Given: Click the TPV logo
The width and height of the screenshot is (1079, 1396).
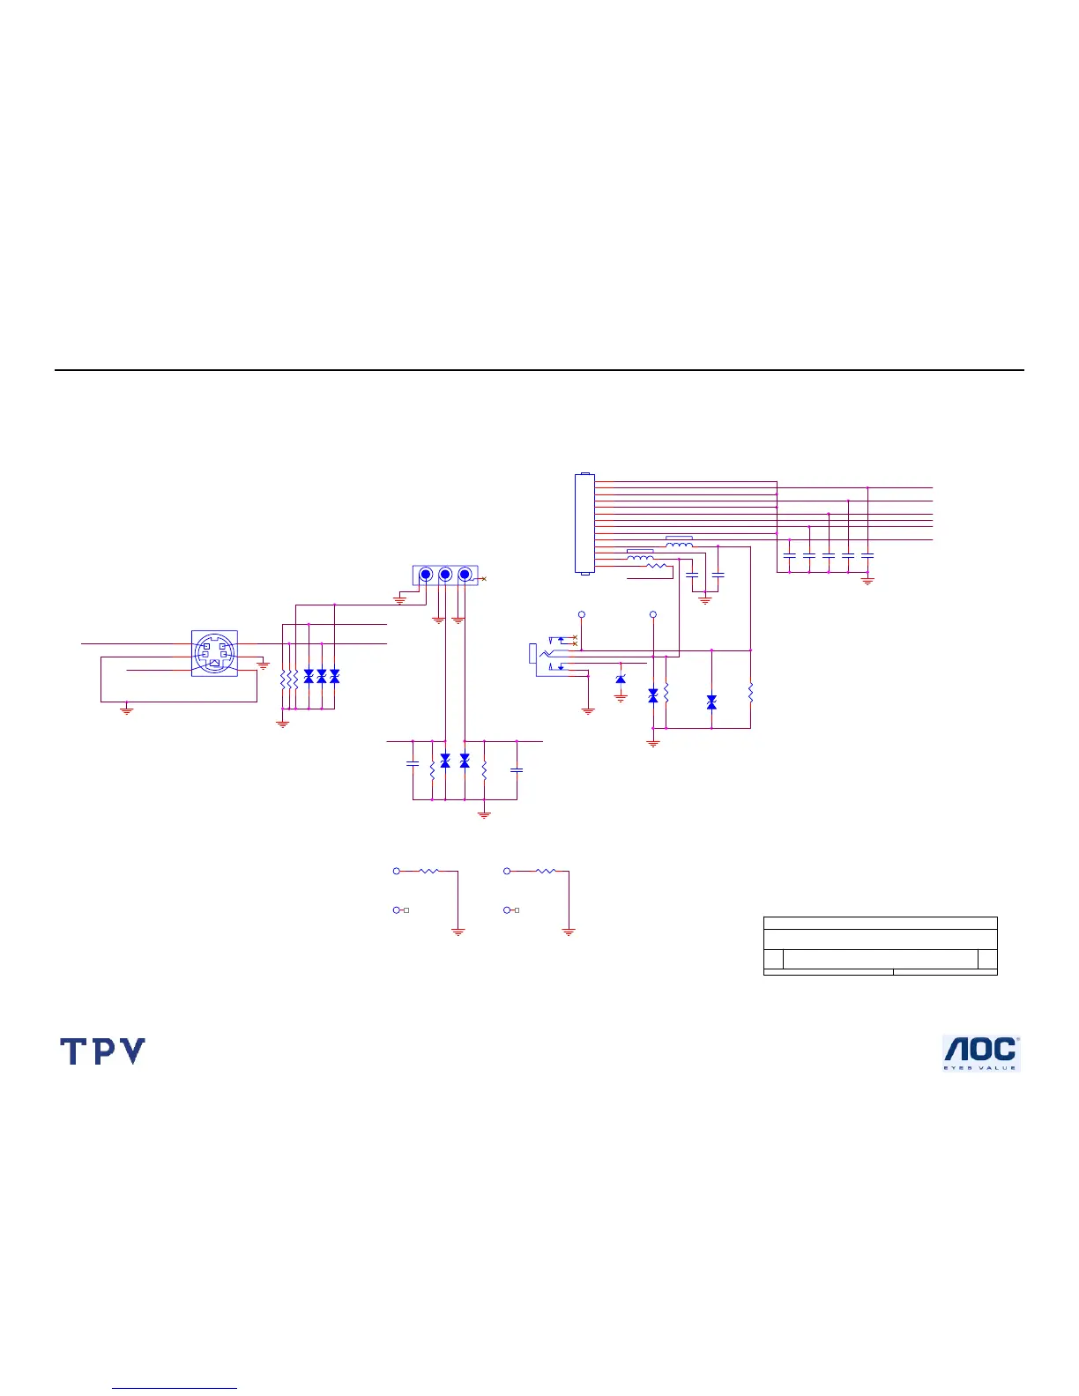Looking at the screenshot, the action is point(102,1051).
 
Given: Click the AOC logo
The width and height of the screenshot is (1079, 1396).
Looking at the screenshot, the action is point(981,1052).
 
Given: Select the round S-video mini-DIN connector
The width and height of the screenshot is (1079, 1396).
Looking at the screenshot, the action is point(214,653).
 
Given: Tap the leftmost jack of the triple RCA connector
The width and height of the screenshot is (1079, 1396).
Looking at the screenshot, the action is point(426,575).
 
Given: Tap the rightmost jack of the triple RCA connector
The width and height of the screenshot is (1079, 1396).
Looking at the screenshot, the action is point(465,575).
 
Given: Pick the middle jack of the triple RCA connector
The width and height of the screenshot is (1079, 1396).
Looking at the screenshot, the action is point(445,575).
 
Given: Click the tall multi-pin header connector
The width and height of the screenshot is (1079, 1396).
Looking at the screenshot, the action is point(584,523).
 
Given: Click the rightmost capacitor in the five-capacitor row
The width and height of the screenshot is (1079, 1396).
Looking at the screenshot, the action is point(867,555).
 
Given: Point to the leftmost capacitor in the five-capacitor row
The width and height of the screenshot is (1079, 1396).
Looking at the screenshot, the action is point(790,555).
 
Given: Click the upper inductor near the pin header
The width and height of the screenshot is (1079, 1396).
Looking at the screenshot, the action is point(679,543).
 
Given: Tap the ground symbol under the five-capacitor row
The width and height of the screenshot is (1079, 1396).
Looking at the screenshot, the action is point(867,581).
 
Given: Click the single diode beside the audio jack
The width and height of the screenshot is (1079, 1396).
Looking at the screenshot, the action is point(621,679).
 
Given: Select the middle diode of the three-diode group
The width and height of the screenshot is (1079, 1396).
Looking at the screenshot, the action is point(321,676).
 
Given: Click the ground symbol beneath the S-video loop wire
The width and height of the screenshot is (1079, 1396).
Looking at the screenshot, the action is point(126,709).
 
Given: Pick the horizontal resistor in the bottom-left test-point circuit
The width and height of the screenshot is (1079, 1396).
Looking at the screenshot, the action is point(428,871).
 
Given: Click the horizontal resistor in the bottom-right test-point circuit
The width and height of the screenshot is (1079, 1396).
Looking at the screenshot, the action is point(546,871).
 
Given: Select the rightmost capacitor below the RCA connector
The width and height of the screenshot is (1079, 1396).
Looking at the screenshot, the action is point(517,769).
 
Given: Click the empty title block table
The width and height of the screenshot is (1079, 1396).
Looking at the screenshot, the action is point(880,946).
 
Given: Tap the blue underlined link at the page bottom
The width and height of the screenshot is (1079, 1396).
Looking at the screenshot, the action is point(175,1389).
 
